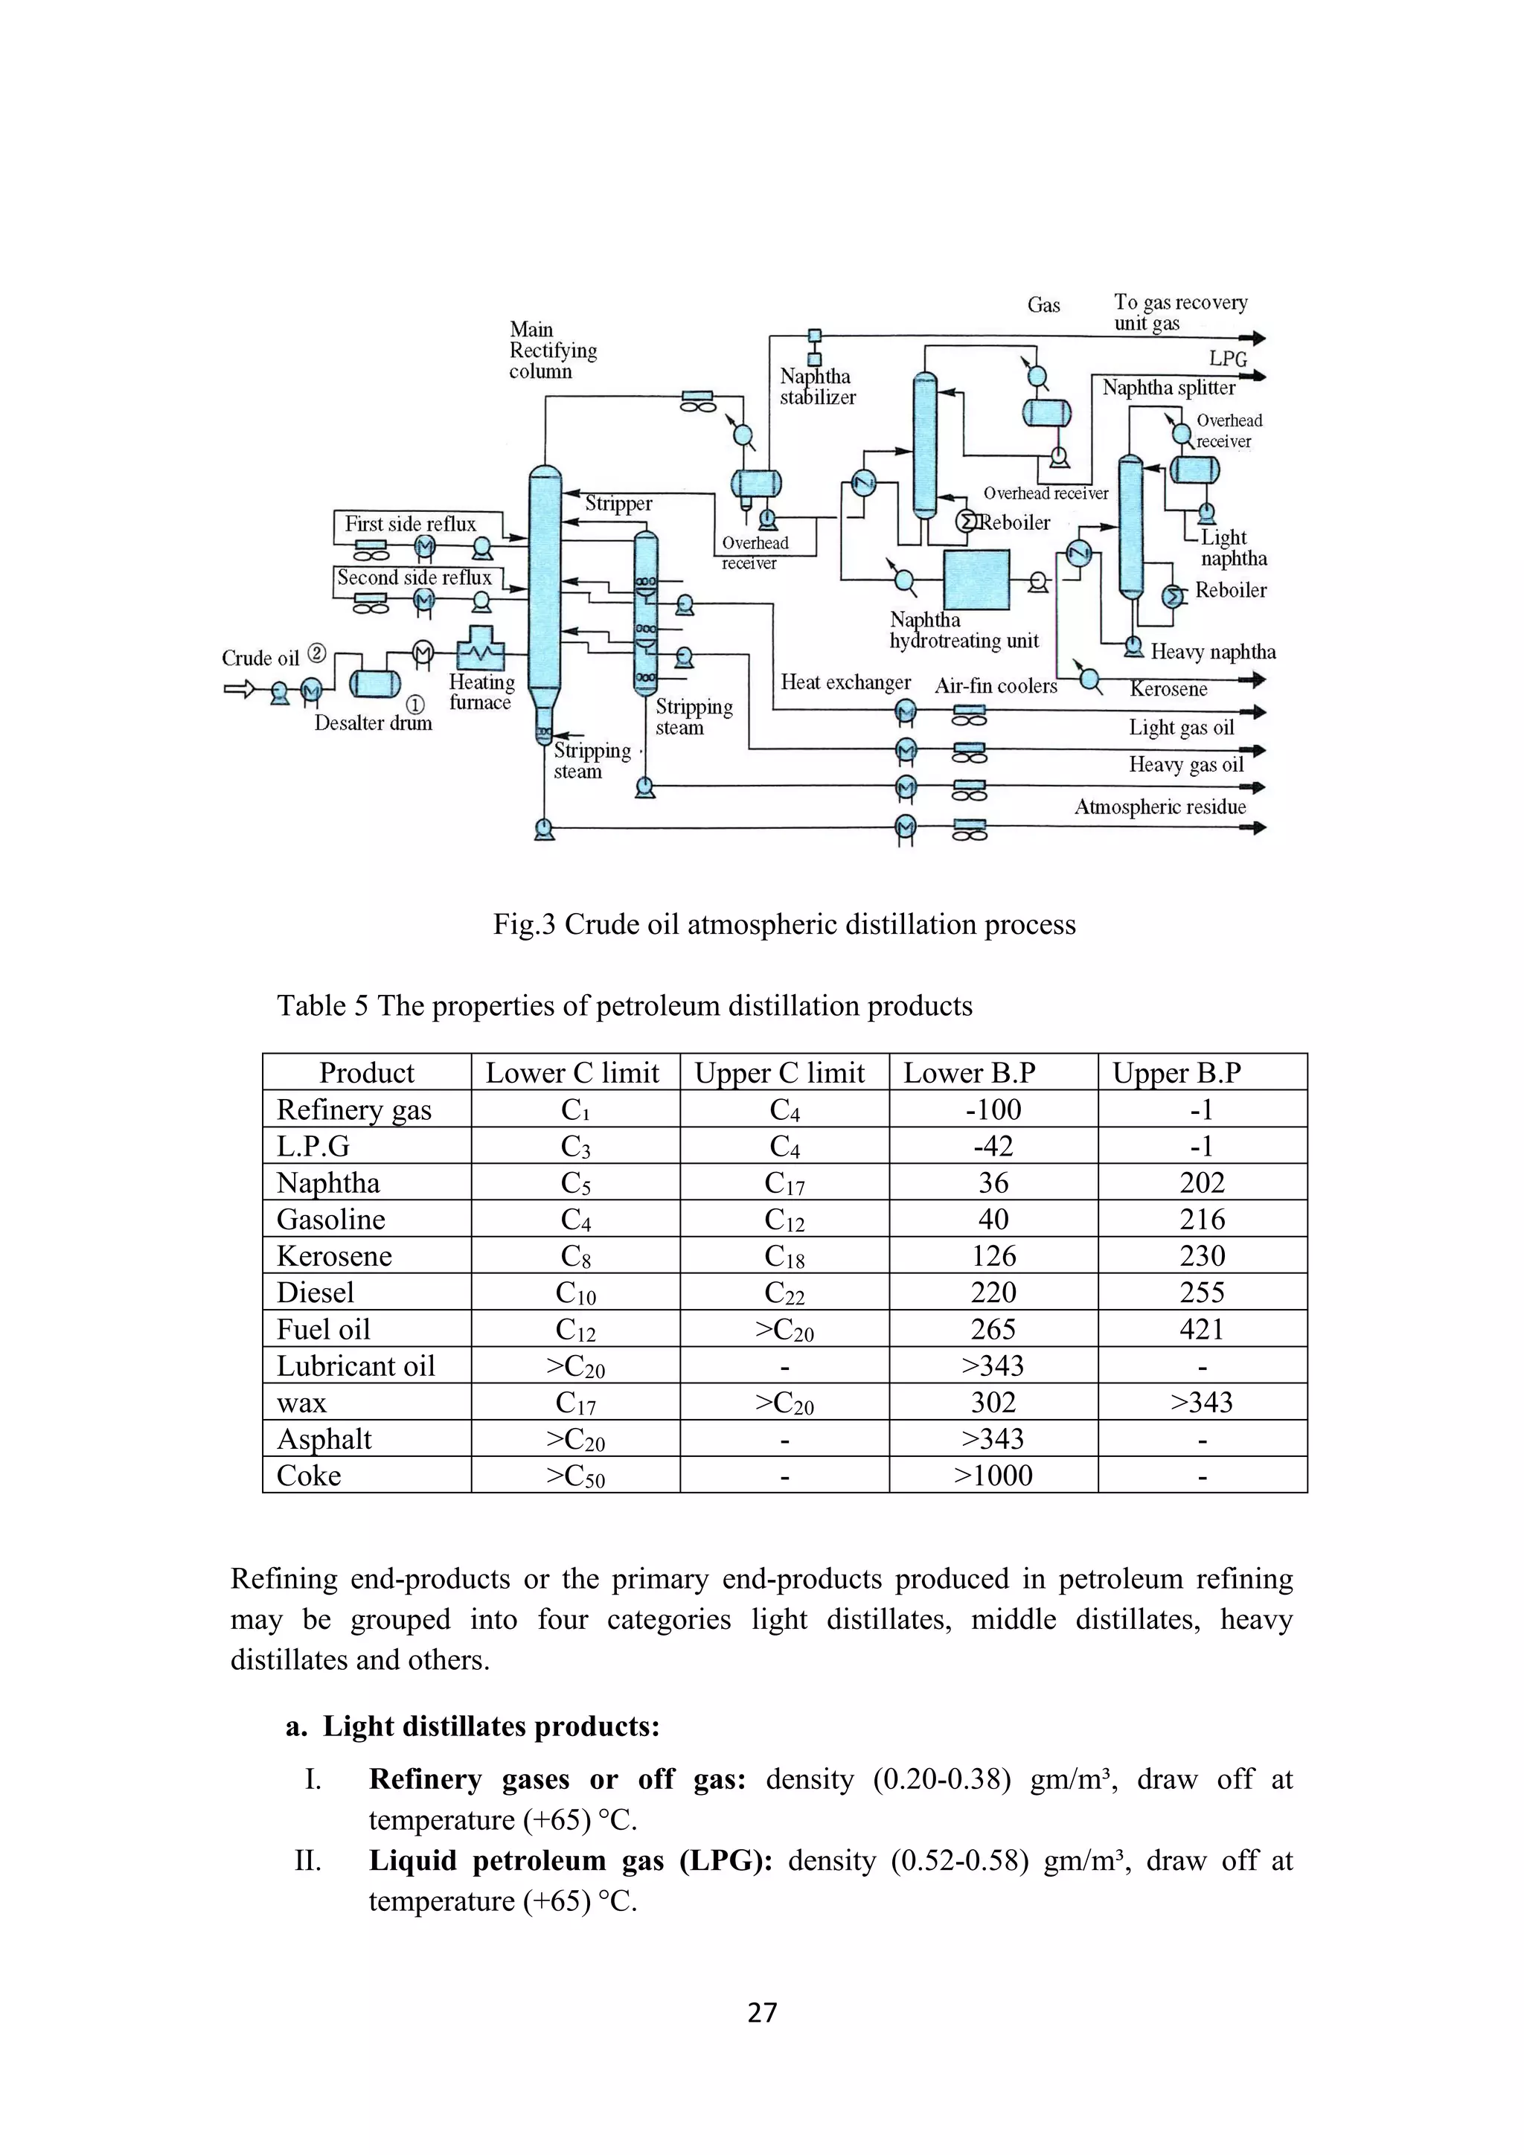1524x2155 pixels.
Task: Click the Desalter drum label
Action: (x=373, y=723)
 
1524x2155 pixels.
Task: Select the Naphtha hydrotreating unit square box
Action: (x=976, y=580)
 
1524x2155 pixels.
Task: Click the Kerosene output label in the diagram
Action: (x=1168, y=689)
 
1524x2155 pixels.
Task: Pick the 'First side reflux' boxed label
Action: (x=410, y=524)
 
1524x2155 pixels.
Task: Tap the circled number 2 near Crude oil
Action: (x=317, y=654)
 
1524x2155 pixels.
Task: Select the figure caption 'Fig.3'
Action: (x=525, y=924)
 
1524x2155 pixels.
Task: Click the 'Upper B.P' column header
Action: (x=1176, y=1073)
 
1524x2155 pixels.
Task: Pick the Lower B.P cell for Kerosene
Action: (x=993, y=1256)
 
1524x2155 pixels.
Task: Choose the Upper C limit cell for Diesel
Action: (x=784, y=1293)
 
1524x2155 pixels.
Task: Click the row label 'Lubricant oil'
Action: (x=356, y=1365)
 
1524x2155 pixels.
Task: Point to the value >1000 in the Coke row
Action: (x=993, y=1476)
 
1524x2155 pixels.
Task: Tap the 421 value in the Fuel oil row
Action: (x=1202, y=1329)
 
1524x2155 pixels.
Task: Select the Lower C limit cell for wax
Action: (x=574, y=1402)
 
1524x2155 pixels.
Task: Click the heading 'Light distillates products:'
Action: (x=491, y=1726)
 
